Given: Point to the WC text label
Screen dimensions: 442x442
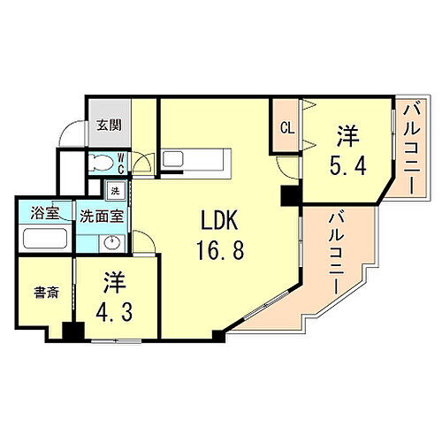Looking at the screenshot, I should pos(121,161).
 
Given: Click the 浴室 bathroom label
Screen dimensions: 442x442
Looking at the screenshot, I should pos(43,213).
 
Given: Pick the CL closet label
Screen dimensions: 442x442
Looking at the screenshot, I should pos(286,127).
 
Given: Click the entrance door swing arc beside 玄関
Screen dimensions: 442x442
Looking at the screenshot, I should pos(71,133).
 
